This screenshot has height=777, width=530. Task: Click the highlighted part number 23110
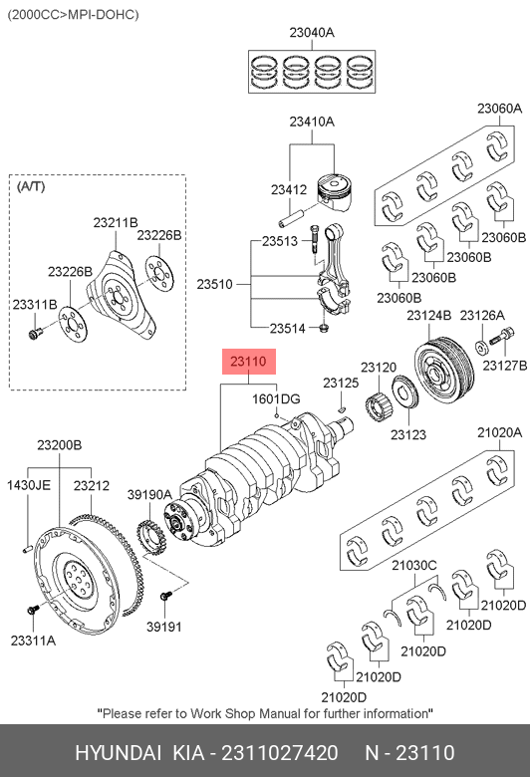tap(248, 362)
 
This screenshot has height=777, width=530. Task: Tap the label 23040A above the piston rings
tap(312, 33)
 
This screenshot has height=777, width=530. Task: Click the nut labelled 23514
tap(324, 328)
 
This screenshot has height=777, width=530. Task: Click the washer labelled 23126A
tap(481, 348)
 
